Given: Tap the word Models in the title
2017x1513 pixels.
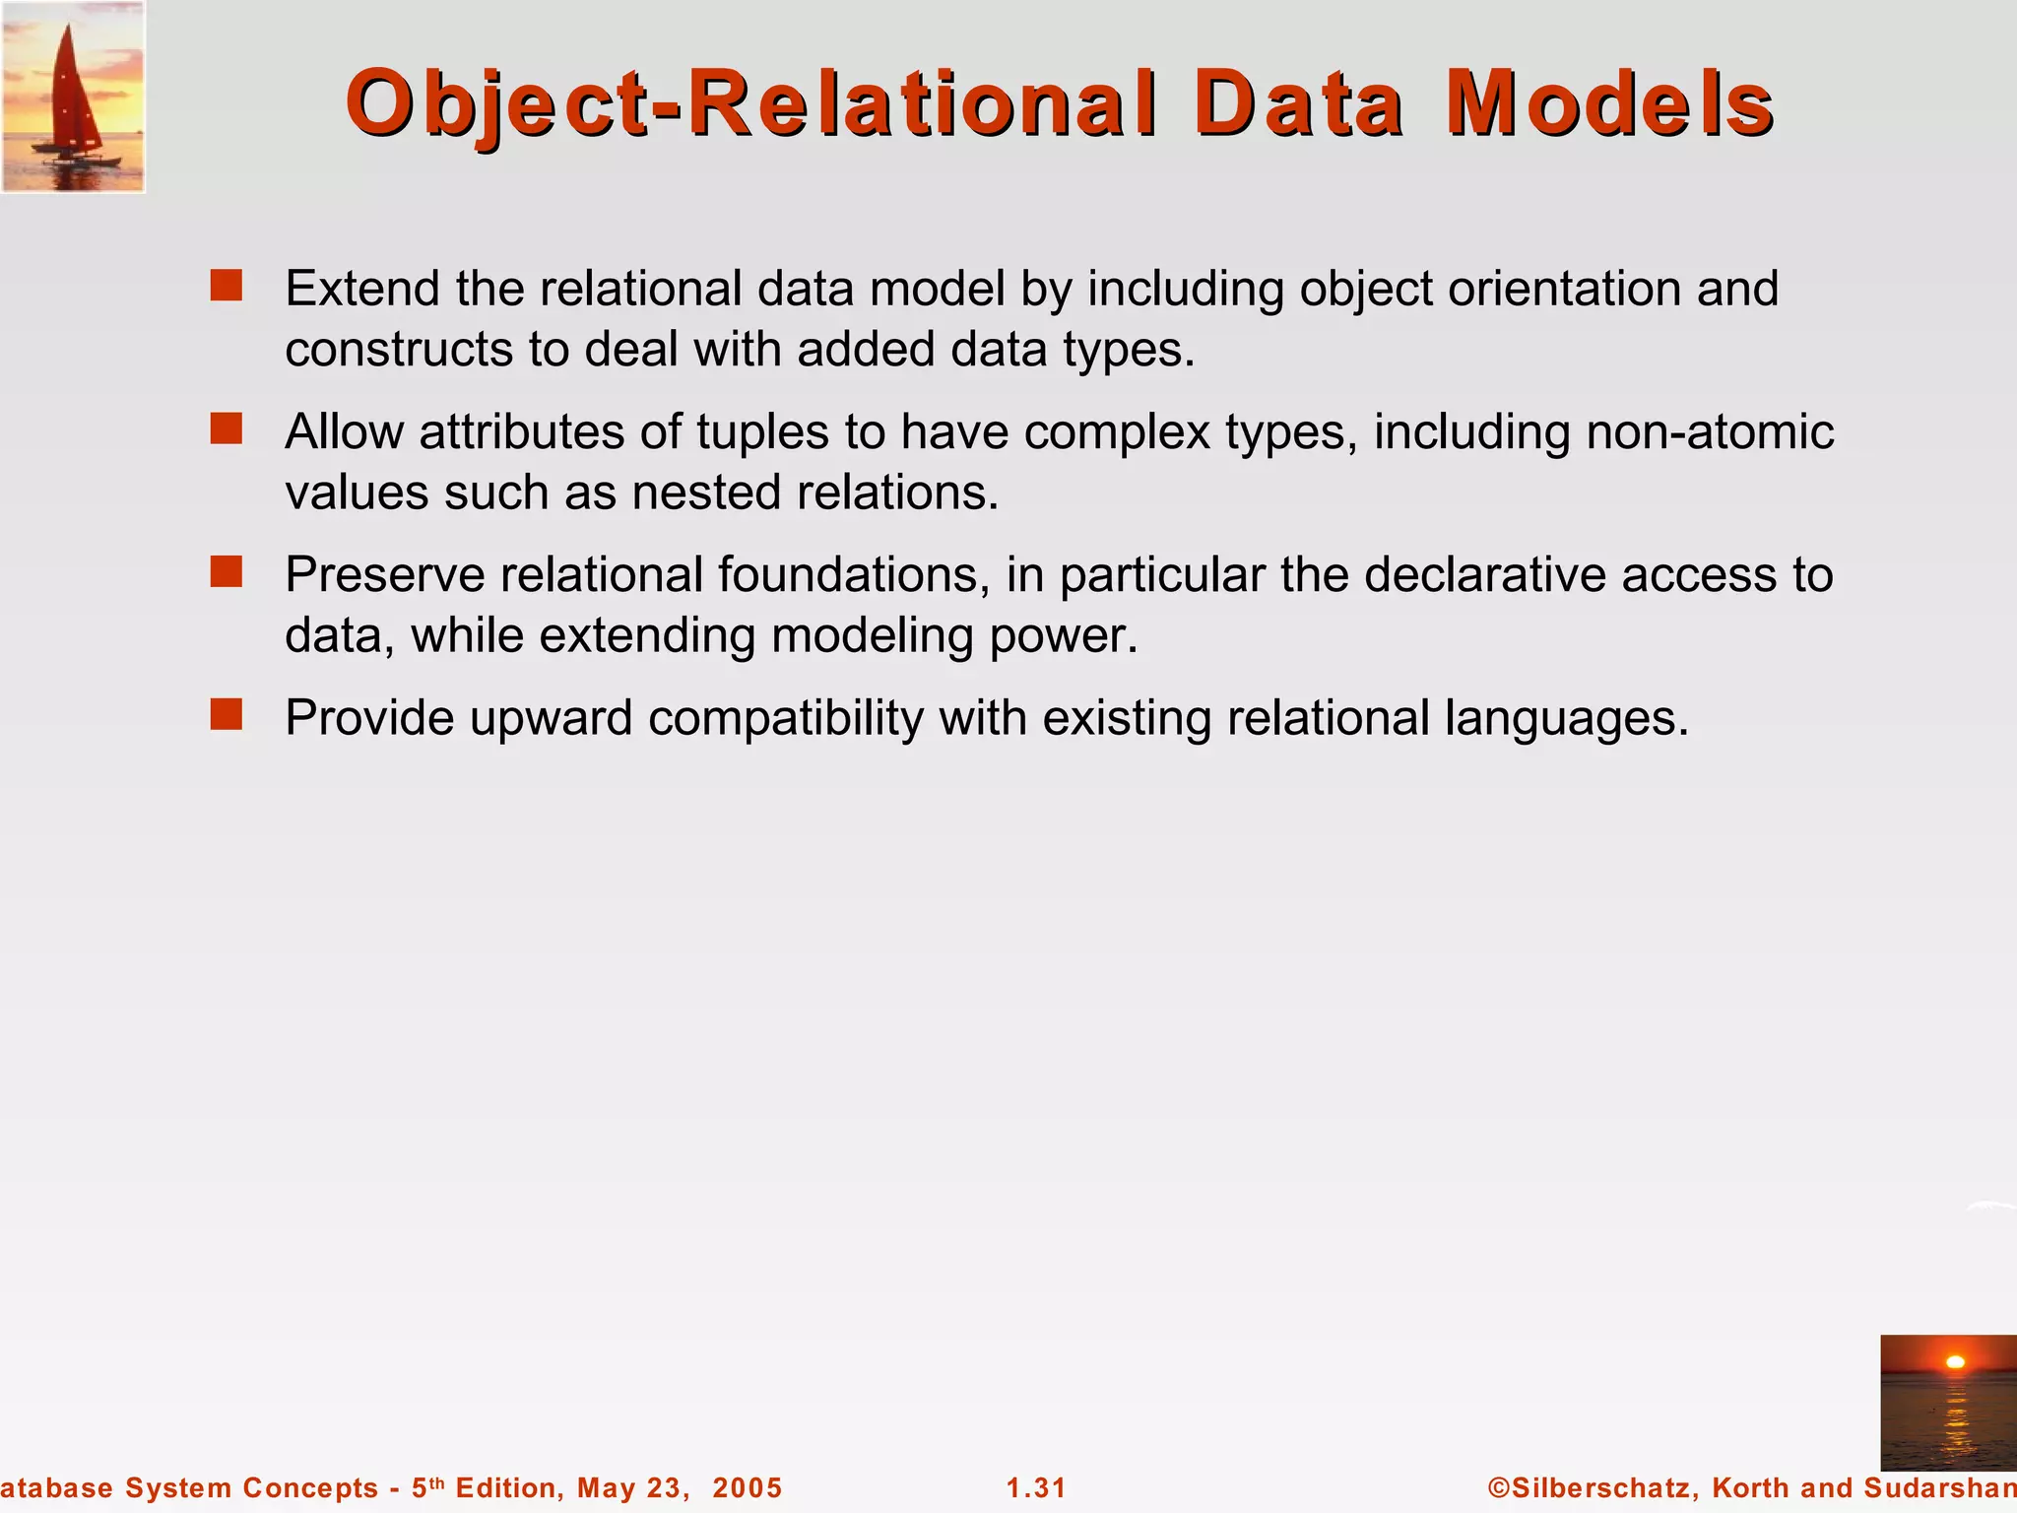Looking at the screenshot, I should [1609, 103].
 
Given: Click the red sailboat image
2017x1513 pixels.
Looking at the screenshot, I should [73, 96].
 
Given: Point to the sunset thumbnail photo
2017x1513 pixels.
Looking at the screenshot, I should [1948, 1403].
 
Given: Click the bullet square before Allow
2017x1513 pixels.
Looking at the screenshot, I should [227, 428].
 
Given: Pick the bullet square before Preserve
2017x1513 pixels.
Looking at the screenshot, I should [227, 571].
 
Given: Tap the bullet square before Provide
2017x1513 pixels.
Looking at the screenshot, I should [227, 714].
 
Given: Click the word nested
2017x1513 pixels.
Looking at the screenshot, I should [706, 492].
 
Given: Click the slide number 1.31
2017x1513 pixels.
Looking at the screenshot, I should [1036, 1487].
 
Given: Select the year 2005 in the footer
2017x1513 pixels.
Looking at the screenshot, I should [747, 1487].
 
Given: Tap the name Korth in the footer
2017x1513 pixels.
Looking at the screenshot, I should [1749, 1487].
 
